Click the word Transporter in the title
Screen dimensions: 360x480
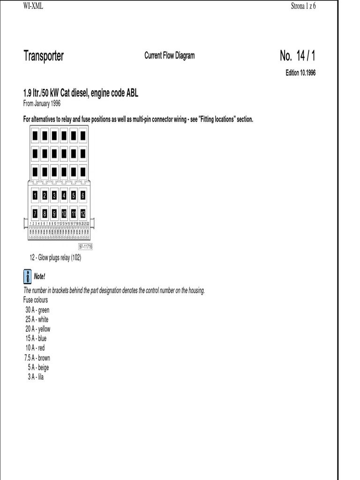(44, 56)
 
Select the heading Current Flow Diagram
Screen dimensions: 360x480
(169, 56)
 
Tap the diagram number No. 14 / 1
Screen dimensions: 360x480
(298, 56)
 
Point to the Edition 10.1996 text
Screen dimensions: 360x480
(300, 73)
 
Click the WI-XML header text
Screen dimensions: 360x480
(33, 6)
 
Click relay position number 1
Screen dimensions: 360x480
(35, 195)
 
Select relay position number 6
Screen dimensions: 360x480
(83, 195)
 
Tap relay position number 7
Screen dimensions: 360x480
(35, 214)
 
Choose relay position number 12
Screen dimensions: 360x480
(83, 214)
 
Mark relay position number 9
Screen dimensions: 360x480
(54, 214)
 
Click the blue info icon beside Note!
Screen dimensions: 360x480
(27, 276)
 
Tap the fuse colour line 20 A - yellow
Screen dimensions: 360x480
(38, 329)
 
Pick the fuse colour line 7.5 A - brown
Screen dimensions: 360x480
(37, 358)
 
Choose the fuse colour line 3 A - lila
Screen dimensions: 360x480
(35, 377)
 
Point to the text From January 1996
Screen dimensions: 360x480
(42, 104)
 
